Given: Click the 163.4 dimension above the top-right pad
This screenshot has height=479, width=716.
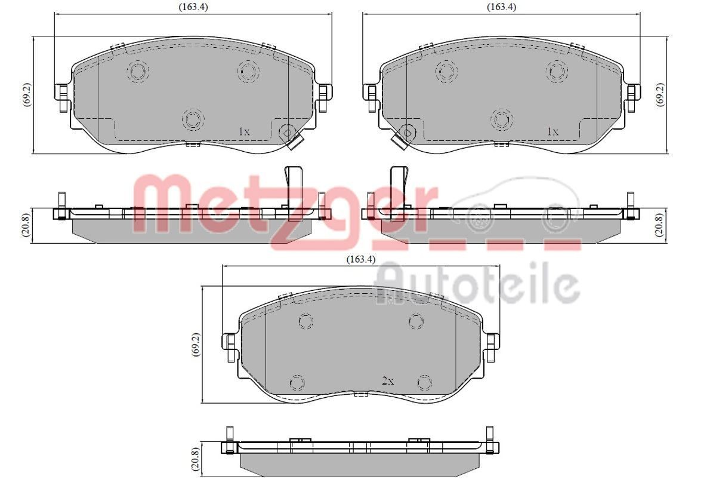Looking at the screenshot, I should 501,7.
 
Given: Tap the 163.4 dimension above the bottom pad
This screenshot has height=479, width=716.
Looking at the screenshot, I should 360,259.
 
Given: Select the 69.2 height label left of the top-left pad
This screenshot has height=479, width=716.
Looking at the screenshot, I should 27,93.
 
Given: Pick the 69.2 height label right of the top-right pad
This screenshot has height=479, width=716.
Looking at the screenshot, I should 661,93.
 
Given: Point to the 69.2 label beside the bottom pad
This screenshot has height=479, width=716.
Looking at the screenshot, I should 195,344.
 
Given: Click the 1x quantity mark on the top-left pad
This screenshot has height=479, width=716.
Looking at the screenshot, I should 243,131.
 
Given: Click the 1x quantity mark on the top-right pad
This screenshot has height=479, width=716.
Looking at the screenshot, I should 553,131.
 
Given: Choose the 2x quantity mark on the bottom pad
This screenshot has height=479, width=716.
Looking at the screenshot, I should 388,380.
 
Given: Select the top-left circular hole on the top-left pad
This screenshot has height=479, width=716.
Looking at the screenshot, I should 137,72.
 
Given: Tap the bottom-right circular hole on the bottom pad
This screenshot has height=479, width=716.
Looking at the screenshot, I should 424,382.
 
